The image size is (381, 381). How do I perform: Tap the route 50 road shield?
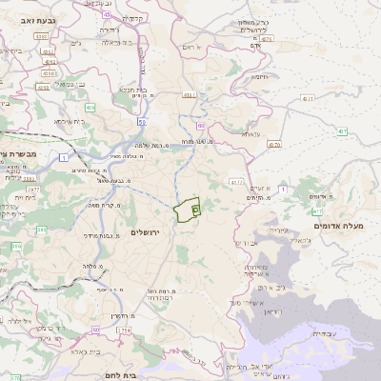pos(141,122)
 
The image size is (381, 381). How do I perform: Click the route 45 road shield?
pos(106,16)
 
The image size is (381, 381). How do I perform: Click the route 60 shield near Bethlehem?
pos(95,330)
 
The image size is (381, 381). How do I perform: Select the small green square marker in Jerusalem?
pos(195,208)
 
